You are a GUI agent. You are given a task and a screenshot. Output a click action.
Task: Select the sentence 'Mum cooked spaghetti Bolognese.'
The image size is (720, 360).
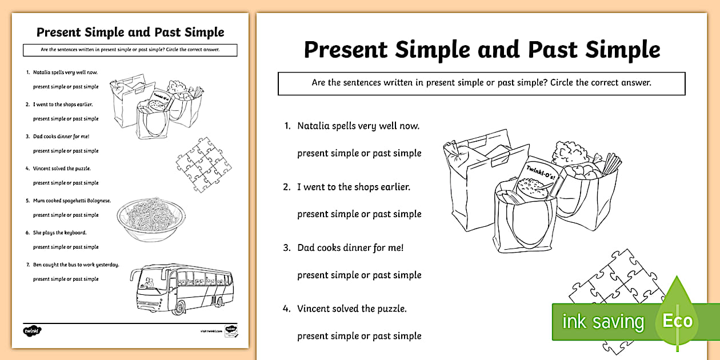71,201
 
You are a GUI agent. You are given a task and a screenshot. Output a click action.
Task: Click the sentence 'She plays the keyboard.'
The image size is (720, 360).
59,233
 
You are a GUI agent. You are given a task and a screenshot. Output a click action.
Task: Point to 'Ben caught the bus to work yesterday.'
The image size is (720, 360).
75,265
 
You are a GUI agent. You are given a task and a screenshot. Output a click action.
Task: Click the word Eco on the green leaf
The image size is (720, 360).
677,321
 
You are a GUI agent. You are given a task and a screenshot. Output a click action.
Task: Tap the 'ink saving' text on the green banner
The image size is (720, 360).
603,322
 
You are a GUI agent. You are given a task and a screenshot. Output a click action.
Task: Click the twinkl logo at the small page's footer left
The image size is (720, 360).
33,330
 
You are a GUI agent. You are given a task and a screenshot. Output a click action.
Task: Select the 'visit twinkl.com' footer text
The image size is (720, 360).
211,331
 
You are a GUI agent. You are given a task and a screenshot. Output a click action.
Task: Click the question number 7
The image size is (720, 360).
27,265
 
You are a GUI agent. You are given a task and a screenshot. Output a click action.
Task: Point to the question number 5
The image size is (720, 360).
27,201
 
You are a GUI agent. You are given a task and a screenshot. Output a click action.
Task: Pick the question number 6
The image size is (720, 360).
27,233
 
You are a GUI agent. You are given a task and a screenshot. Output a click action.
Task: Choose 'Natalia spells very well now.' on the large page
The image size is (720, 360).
358,126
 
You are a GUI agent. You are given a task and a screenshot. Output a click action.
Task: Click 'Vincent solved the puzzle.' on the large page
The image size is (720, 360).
351,309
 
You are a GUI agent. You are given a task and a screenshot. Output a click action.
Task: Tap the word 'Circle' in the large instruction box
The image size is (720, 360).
565,83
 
